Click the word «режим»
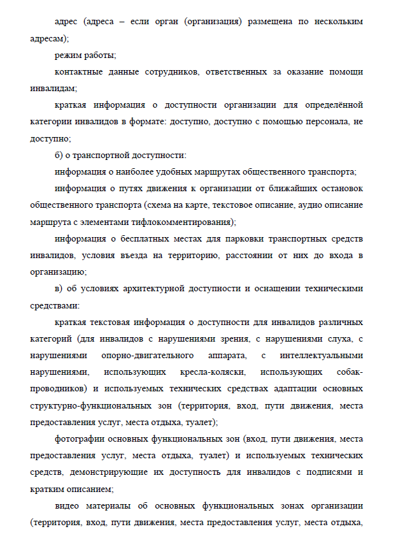pos(69,55)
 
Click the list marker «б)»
pos(60,155)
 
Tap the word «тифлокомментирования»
pos(183,221)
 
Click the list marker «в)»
pos(60,288)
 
